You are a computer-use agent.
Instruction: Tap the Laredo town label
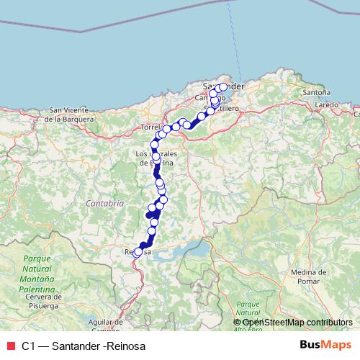pyautogui.click(x=326, y=105)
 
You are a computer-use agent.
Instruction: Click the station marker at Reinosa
pyautogui.click(x=138, y=252)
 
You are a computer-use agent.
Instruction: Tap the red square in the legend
pyautogui.click(x=9, y=346)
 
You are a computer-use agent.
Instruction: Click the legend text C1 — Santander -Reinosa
pyautogui.click(x=84, y=346)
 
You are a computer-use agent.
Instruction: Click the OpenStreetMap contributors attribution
pyautogui.click(x=292, y=322)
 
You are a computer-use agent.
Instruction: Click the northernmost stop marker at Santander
pyautogui.click(x=222, y=87)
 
